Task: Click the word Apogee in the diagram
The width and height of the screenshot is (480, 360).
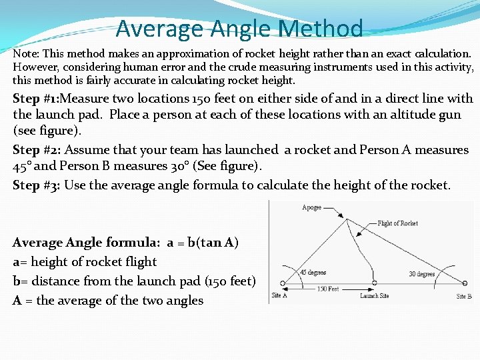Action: click(x=311, y=208)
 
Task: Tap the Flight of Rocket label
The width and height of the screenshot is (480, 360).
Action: click(x=398, y=223)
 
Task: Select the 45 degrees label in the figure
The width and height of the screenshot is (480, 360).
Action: click(x=313, y=272)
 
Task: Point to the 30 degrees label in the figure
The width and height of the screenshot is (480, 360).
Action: click(x=421, y=273)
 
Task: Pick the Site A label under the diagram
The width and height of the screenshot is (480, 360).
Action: click(x=279, y=295)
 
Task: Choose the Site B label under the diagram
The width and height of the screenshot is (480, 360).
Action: click(x=464, y=296)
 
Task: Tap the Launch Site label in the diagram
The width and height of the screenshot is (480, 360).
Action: click(x=374, y=295)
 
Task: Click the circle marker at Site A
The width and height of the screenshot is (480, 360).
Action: click(x=282, y=283)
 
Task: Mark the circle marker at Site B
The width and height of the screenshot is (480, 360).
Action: click(x=465, y=283)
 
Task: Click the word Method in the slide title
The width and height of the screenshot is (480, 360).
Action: click(x=321, y=29)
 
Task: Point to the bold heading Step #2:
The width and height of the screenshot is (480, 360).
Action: click(x=36, y=150)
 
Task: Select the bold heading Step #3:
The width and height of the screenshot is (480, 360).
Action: click(x=36, y=185)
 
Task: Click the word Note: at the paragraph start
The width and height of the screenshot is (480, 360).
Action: click(x=25, y=52)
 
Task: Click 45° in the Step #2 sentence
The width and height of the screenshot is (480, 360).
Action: click(x=25, y=165)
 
